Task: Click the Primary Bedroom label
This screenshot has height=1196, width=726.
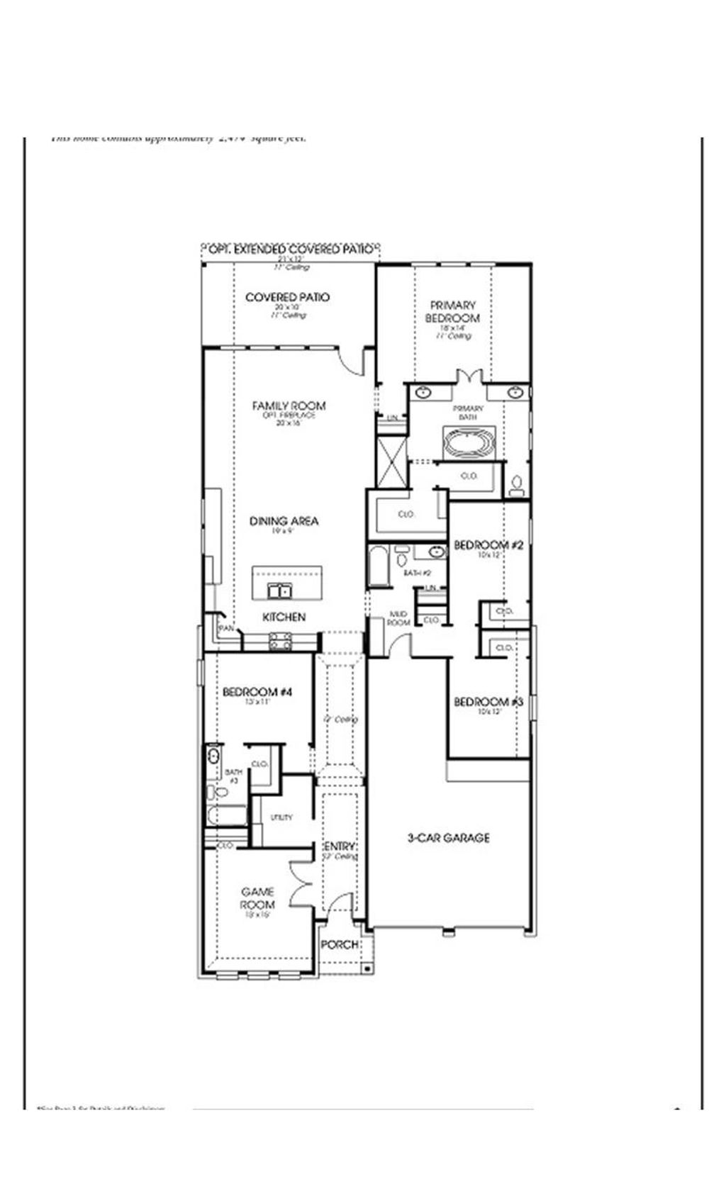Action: [452, 312]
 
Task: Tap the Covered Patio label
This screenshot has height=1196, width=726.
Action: [287, 297]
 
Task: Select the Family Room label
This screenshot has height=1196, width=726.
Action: [289, 406]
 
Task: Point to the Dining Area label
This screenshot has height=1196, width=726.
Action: [284, 521]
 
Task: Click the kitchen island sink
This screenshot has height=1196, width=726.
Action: [279, 590]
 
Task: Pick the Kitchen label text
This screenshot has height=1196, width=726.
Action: [284, 617]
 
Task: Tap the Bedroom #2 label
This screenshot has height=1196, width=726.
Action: [488, 545]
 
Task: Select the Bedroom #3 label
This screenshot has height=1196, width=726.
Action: [488, 702]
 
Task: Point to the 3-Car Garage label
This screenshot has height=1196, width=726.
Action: [448, 838]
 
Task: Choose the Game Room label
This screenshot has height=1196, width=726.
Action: [257, 898]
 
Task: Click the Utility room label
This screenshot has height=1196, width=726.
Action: [281, 817]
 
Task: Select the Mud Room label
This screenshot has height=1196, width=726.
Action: [398, 618]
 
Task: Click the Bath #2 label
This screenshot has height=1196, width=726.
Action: [418, 573]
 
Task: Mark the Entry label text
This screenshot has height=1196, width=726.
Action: [340, 847]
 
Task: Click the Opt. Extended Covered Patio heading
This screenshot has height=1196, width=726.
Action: [291, 250]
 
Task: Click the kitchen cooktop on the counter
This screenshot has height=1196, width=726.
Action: [280, 642]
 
